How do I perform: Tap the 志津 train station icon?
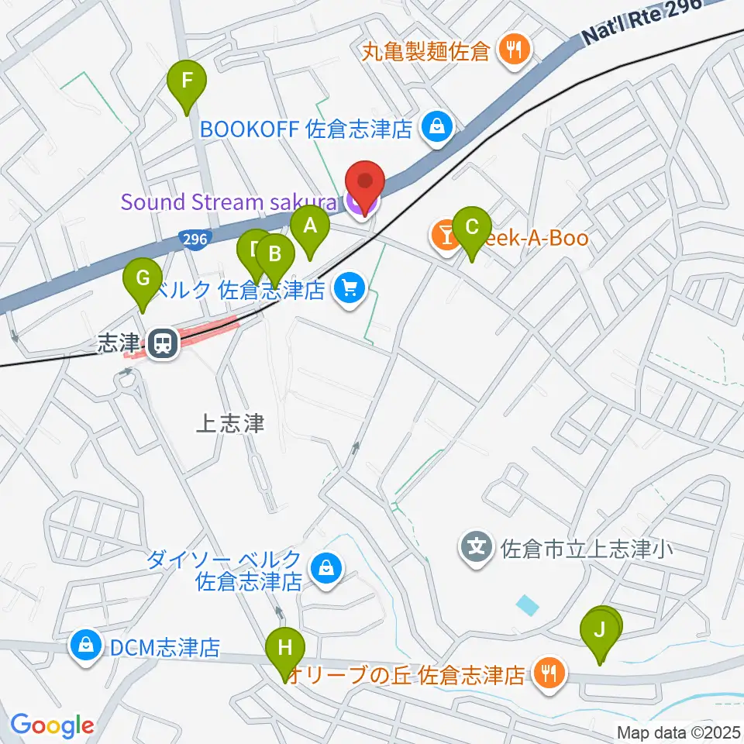[162, 342]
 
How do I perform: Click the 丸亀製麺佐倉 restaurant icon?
[512, 52]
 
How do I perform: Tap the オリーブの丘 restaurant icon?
[549, 673]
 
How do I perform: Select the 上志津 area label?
[230, 423]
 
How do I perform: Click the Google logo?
[52, 725]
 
